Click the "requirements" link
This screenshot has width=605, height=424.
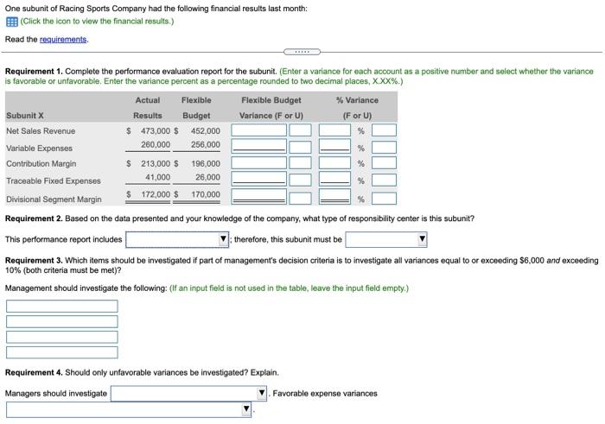tap(63, 39)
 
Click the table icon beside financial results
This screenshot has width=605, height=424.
tap(11, 21)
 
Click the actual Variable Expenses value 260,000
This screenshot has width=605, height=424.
tap(155, 145)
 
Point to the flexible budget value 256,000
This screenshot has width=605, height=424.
tap(205, 145)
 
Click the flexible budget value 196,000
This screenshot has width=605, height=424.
tap(205, 163)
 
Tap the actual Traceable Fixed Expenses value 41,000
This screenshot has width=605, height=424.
tap(157, 177)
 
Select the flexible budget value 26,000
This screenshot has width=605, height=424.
tap(207, 177)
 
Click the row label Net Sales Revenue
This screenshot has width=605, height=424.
tap(41, 131)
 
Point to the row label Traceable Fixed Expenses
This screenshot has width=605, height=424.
tap(53, 181)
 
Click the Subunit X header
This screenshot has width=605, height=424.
tap(24, 116)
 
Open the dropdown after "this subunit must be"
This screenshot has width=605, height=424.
tap(386, 239)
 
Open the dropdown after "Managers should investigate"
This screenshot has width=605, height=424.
tap(189, 394)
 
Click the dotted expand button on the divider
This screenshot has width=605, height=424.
tap(302, 51)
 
